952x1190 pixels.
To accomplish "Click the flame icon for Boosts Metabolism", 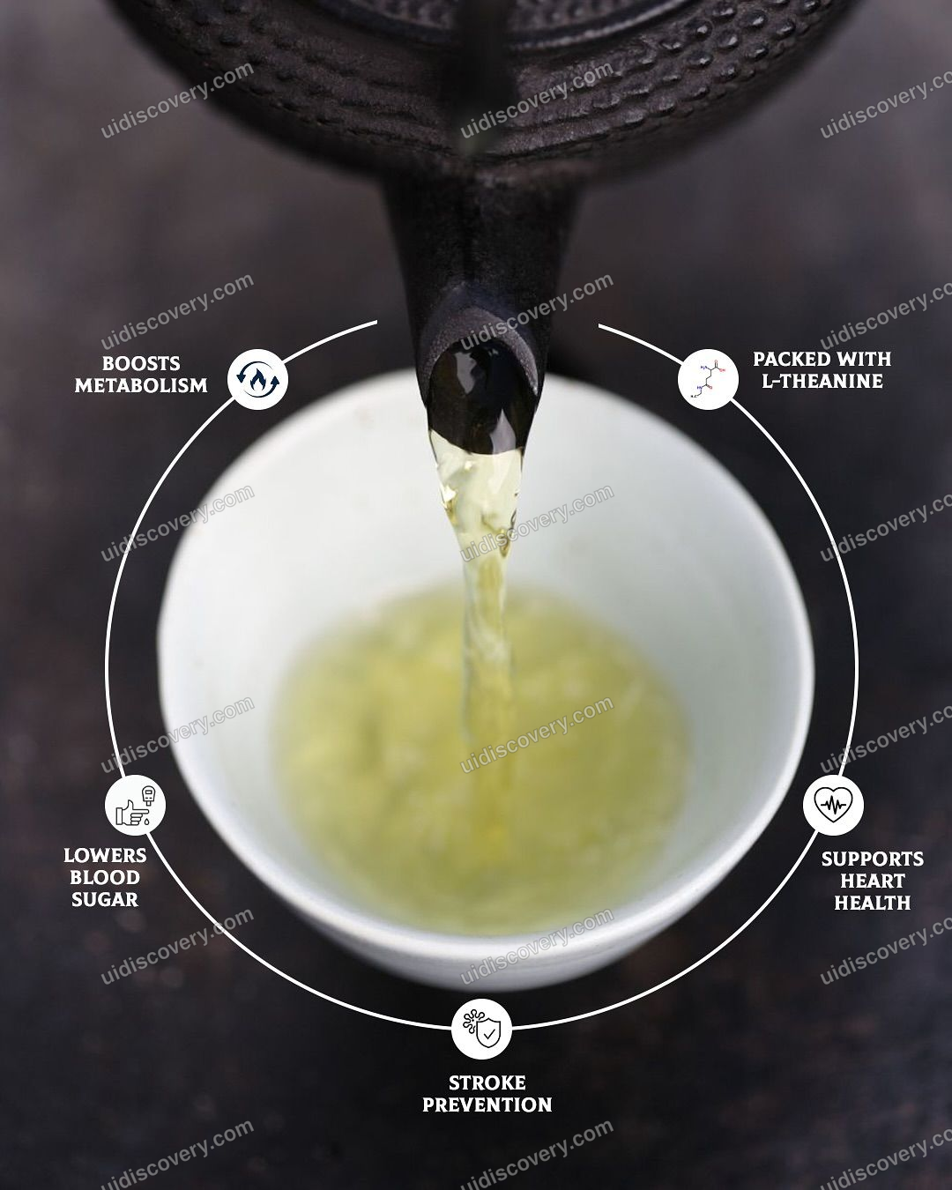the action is click(x=257, y=379).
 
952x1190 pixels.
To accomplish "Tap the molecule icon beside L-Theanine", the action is click(x=708, y=379).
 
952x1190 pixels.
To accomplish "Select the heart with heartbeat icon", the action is click(x=833, y=805).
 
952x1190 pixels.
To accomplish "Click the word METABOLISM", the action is click(x=141, y=385).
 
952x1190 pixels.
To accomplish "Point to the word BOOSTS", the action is click(x=141, y=363).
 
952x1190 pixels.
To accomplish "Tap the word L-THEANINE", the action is click(x=822, y=381).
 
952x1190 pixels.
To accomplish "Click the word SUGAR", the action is click(x=105, y=899).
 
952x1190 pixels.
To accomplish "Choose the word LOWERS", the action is click(x=105, y=855).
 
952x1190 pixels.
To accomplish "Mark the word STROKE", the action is click(x=487, y=1082).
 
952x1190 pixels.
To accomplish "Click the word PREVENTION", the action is click(x=487, y=1104).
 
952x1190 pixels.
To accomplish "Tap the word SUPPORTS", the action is click(x=873, y=859).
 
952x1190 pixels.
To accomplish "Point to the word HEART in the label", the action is click(x=873, y=881).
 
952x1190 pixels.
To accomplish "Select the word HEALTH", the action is click(x=873, y=903).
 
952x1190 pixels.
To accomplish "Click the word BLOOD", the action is click(x=105, y=877).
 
